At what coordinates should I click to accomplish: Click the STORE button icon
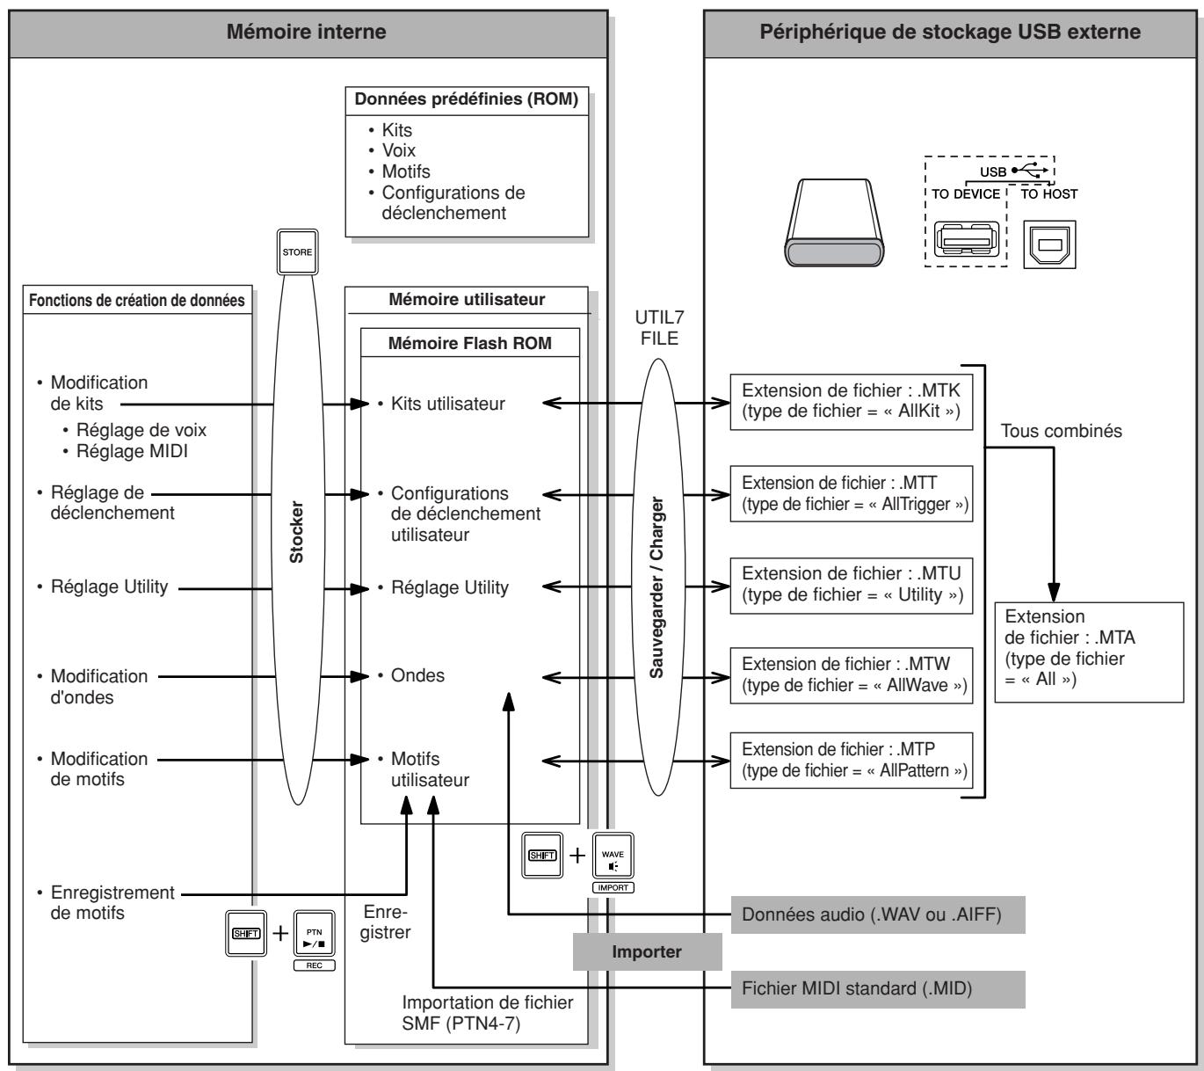pos(297,252)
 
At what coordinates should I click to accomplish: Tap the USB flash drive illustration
pos(834,222)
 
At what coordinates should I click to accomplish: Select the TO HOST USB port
pos(1049,244)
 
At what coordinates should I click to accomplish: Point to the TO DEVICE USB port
pos(967,239)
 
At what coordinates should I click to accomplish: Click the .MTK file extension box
pos(851,401)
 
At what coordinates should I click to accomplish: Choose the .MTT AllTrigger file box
pos(851,493)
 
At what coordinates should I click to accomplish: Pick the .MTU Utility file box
pos(851,585)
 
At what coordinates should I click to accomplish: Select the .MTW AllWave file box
pos(851,675)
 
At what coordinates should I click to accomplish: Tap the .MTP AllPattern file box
pos(851,761)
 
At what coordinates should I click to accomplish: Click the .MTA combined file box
pos(1089,652)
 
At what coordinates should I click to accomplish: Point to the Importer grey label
pos(647,951)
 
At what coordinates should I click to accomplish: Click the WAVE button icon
pos(613,856)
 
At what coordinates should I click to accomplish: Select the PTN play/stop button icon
pos(314,933)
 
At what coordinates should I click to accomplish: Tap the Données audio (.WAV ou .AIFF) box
pos(878,914)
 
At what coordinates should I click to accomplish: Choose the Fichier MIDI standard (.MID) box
pos(878,989)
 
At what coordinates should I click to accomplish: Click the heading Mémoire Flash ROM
pos(469,343)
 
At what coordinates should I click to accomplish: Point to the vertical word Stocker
pos(296,532)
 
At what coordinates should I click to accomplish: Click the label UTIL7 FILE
pos(659,328)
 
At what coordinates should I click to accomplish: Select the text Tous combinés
pos(1061,431)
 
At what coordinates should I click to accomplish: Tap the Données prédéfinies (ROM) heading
pos(467,99)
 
